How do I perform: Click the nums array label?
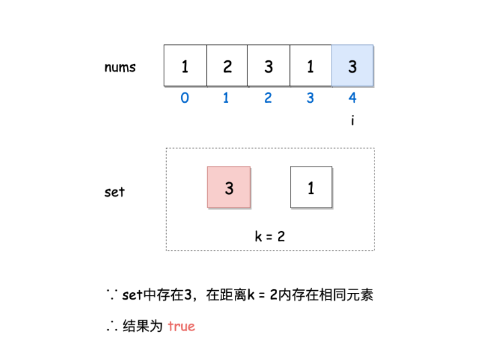click(120, 67)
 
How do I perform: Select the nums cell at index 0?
click(185, 66)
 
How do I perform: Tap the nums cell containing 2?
click(227, 66)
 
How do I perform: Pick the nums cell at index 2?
click(268, 66)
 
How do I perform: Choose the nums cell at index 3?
click(310, 66)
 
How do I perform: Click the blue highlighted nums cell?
click(352, 66)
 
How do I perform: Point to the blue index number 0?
click(185, 98)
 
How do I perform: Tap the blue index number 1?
click(226, 98)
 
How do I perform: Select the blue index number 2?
click(268, 98)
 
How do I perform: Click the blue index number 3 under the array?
click(310, 98)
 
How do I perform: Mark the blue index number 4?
click(352, 98)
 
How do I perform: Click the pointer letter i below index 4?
click(352, 121)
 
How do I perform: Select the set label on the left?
click(115, 192)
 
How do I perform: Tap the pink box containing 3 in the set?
click(229, 188)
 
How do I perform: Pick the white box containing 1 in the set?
click(311, 187)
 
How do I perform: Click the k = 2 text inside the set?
click(270, 236)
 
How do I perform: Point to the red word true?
click(181, 326)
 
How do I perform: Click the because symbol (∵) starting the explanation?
click(111, 296)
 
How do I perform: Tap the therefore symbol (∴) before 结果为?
click(111, 327)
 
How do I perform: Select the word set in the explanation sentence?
click(132, 296)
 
